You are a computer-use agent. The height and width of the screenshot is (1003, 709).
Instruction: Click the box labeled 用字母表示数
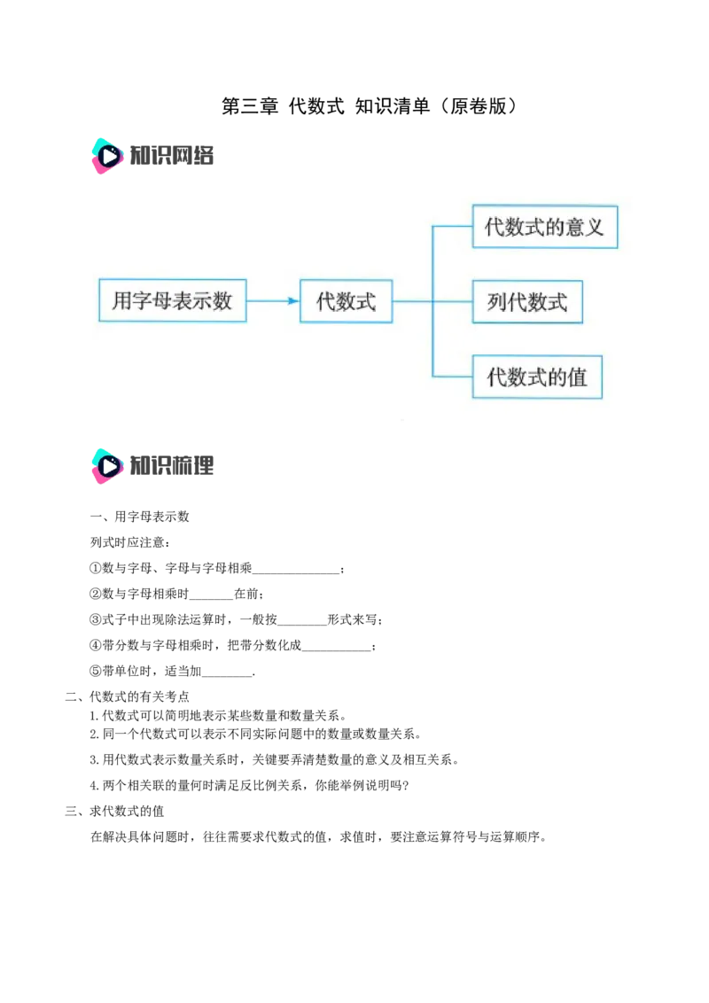pyautogui.click(x=173, y=300)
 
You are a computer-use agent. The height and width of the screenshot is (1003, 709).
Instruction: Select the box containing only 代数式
pyautogui.click(x=346, y=301)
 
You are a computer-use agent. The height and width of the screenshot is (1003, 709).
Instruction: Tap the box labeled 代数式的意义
pyautogui.click(x=544, y=227)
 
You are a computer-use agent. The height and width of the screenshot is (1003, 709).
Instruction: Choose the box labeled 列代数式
pyautogui.click(x=527, y=302)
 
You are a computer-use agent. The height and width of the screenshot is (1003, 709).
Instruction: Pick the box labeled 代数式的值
pyautogui.click(x=537, y=377)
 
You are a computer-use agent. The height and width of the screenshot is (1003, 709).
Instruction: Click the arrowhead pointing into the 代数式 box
pyautogui.click(x=294, y=301)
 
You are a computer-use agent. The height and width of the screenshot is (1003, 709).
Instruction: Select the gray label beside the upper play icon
pyautogui.click(x=174, y=157)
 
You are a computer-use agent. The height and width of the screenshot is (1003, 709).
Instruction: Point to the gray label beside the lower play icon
pyautogui.click(x=174, y=465)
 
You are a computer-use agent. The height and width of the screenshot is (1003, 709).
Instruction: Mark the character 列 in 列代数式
pyautogui.click(x=497, y=302)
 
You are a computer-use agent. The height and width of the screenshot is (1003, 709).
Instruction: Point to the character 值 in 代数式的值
pyautogui.click(x=577, y=377)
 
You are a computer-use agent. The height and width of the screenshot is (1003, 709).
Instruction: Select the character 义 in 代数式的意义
pyautogui.click(x=594, y=227)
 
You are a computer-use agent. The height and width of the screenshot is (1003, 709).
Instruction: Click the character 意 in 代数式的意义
pyautogui.click(x=573, y=227)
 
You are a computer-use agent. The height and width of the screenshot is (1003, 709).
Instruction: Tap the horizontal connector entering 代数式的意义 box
pyautogui.click(x=452, y=227)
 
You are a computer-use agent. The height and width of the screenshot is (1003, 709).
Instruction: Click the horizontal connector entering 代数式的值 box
pyautogui.click(x=452, y=377)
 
